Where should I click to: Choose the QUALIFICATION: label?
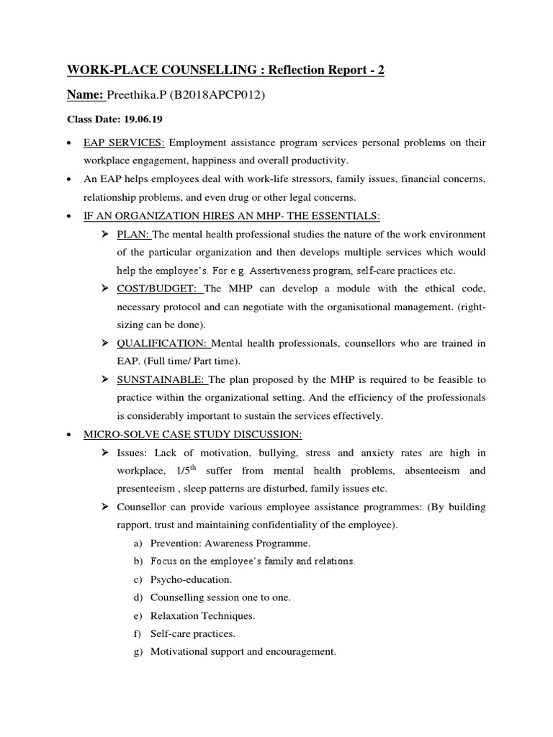pos(161,343)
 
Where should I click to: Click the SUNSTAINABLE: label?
pos(161,379)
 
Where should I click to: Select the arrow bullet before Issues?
pos(103,452)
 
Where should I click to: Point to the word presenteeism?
pos(149,489)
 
